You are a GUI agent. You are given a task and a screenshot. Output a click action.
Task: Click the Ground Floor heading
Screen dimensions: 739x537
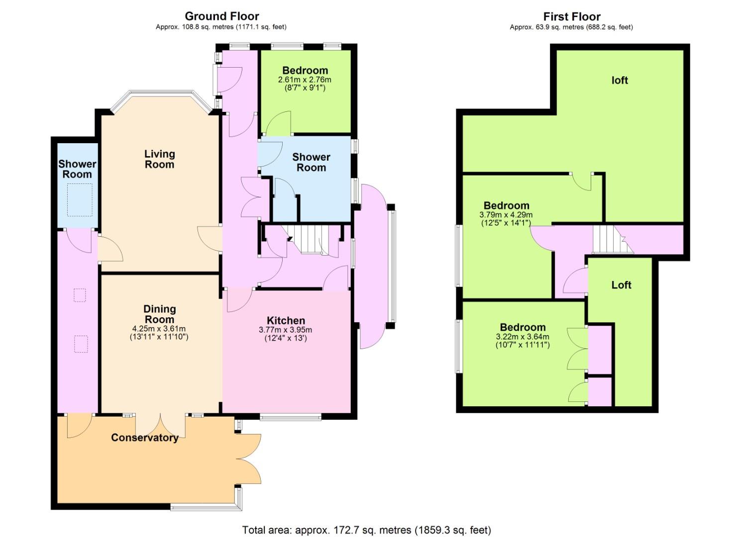pyautogui.click(x=222, y=16)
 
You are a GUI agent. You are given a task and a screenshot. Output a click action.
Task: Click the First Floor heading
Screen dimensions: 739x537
pyautogui.click(x=572, y=16)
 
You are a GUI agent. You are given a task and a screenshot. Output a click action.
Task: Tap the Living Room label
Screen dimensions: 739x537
pyautogui.click(x=160, y=159)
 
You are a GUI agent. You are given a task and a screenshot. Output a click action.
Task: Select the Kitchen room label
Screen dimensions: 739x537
pyautogui.click(x=286, y=320)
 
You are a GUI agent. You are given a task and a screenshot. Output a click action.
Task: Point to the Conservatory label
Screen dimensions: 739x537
pyautogui.click(x=145, y=438)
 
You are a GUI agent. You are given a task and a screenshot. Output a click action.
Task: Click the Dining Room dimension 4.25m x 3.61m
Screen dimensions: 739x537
pyautogui.click(x=159, y=329)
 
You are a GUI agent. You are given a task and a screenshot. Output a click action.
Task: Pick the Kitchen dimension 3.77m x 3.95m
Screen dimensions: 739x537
pyautogui.click(x=286, y=330)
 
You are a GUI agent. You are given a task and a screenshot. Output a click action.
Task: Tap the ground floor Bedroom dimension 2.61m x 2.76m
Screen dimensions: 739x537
pyautogui.click(x=305, y=80)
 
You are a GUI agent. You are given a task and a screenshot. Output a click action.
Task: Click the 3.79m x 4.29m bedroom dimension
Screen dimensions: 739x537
pyautogui.click(x=506, y=215)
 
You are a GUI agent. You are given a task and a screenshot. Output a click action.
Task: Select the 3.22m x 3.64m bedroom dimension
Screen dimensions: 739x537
pyautogui.click(x=523, y=337)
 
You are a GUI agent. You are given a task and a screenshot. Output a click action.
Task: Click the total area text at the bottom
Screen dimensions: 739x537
pyautogui.click(x=367, y=530)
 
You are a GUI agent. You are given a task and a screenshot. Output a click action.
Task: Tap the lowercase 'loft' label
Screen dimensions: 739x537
pyautogui.click(x=620, y=80)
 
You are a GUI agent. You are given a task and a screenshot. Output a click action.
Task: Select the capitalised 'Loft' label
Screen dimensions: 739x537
pyautogui.click(x=621, y=285)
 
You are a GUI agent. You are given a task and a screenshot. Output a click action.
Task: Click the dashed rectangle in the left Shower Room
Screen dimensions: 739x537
pyautogui.click(x=80, y=200)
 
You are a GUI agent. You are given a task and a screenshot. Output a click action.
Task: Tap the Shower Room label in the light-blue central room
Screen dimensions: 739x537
pyautogui.click(x=311, y=162)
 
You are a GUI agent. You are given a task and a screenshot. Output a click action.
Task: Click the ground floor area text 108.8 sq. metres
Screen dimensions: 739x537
pyautogui.click(x=208, y=27)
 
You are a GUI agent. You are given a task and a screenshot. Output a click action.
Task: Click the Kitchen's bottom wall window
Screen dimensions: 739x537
pyautogui.click(x=290, y=418)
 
